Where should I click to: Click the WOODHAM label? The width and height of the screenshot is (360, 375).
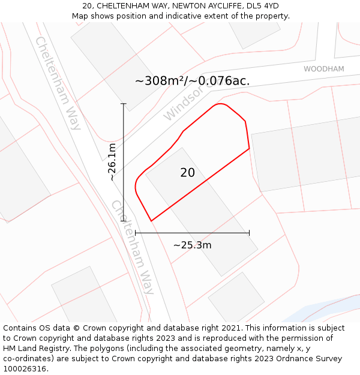coord(323,69)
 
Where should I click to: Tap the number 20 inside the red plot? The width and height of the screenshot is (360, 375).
coord(187,173)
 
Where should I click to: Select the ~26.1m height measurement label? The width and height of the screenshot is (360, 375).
coord(112,162)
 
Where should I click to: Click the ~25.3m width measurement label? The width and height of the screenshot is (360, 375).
coord(192,245)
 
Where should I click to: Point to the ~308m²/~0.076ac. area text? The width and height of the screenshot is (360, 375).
coord(192,81)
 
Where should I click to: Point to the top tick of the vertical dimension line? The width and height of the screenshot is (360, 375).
coord(124,104)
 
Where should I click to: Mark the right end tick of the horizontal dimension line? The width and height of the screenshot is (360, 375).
coord(249,232)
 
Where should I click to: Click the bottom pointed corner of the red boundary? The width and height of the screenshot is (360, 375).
coord(151,221)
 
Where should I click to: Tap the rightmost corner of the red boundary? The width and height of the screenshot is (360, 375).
coord(249,149)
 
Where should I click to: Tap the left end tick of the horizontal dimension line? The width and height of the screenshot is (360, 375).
coord(136,232)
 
